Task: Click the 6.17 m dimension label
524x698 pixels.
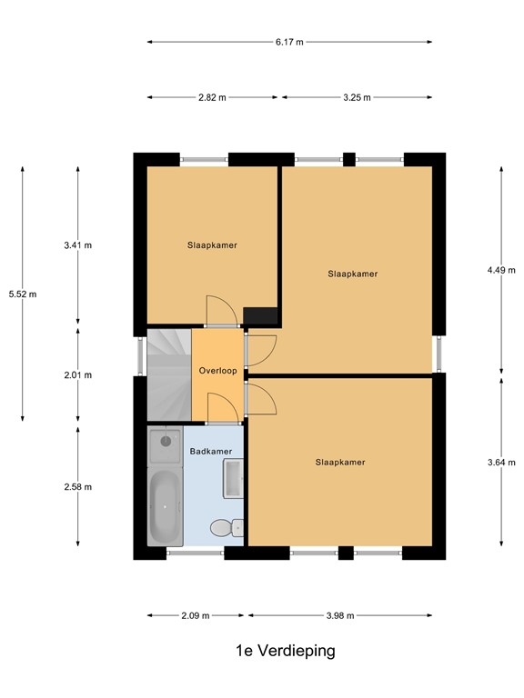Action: [289, 43]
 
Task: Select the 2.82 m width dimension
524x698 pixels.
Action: [212, 97]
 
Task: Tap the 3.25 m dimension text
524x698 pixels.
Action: [357, 97]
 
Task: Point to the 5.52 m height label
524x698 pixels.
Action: [23, 294]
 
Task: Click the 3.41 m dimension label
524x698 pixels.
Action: [78, 245]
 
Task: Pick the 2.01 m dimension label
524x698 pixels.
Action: [78, 375]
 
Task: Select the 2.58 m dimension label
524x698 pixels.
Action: [78, 487]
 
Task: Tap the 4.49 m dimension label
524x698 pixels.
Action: [501, 270]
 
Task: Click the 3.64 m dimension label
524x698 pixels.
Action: [501, 463]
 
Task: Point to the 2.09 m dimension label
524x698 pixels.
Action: [196, 615]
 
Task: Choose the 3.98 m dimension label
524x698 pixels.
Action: [340, 615]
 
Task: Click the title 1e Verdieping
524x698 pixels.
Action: [285, 651]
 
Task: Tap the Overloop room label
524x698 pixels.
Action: [218, 371]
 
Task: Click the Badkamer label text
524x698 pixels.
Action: [211, 452]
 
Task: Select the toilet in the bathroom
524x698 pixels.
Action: [227, 528]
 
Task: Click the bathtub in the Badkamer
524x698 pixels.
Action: [166, 507]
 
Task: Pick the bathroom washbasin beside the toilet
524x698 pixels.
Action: [233, 478]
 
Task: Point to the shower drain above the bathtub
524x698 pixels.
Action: [166, 441]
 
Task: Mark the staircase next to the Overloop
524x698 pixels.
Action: [169, 374]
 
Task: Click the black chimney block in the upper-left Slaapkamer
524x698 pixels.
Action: [260, 315]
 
